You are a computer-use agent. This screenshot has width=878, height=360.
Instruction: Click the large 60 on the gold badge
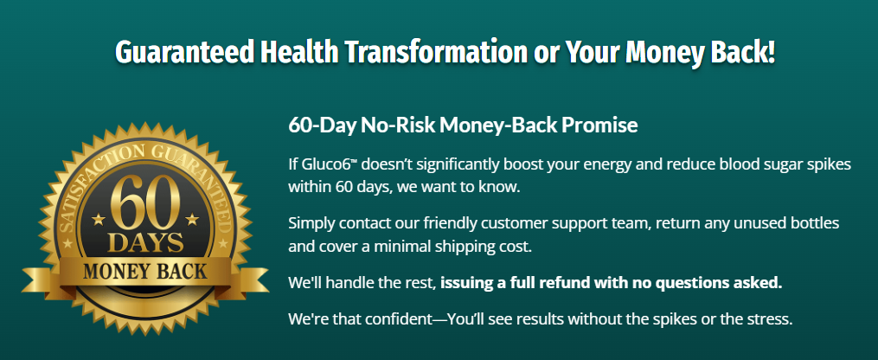[x=145, y=202]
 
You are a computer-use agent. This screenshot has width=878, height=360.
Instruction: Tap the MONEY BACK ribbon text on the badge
[x=145, y=272]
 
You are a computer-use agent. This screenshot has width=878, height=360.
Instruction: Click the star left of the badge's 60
[x=99, y=219]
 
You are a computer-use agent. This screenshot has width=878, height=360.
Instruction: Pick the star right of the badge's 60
[x=192, y=218]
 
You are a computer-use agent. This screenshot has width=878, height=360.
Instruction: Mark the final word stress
[x=772, y=319]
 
